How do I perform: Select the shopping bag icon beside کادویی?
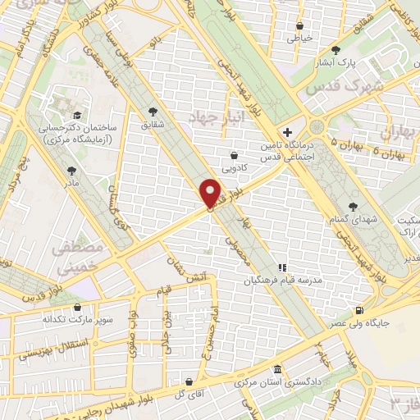pyautogui.click(x=235, y=153)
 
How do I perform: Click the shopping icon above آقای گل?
pyautogui.click(x=189, y=381)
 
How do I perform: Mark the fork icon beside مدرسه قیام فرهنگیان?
pyautogui.click(x=282, y=267)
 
